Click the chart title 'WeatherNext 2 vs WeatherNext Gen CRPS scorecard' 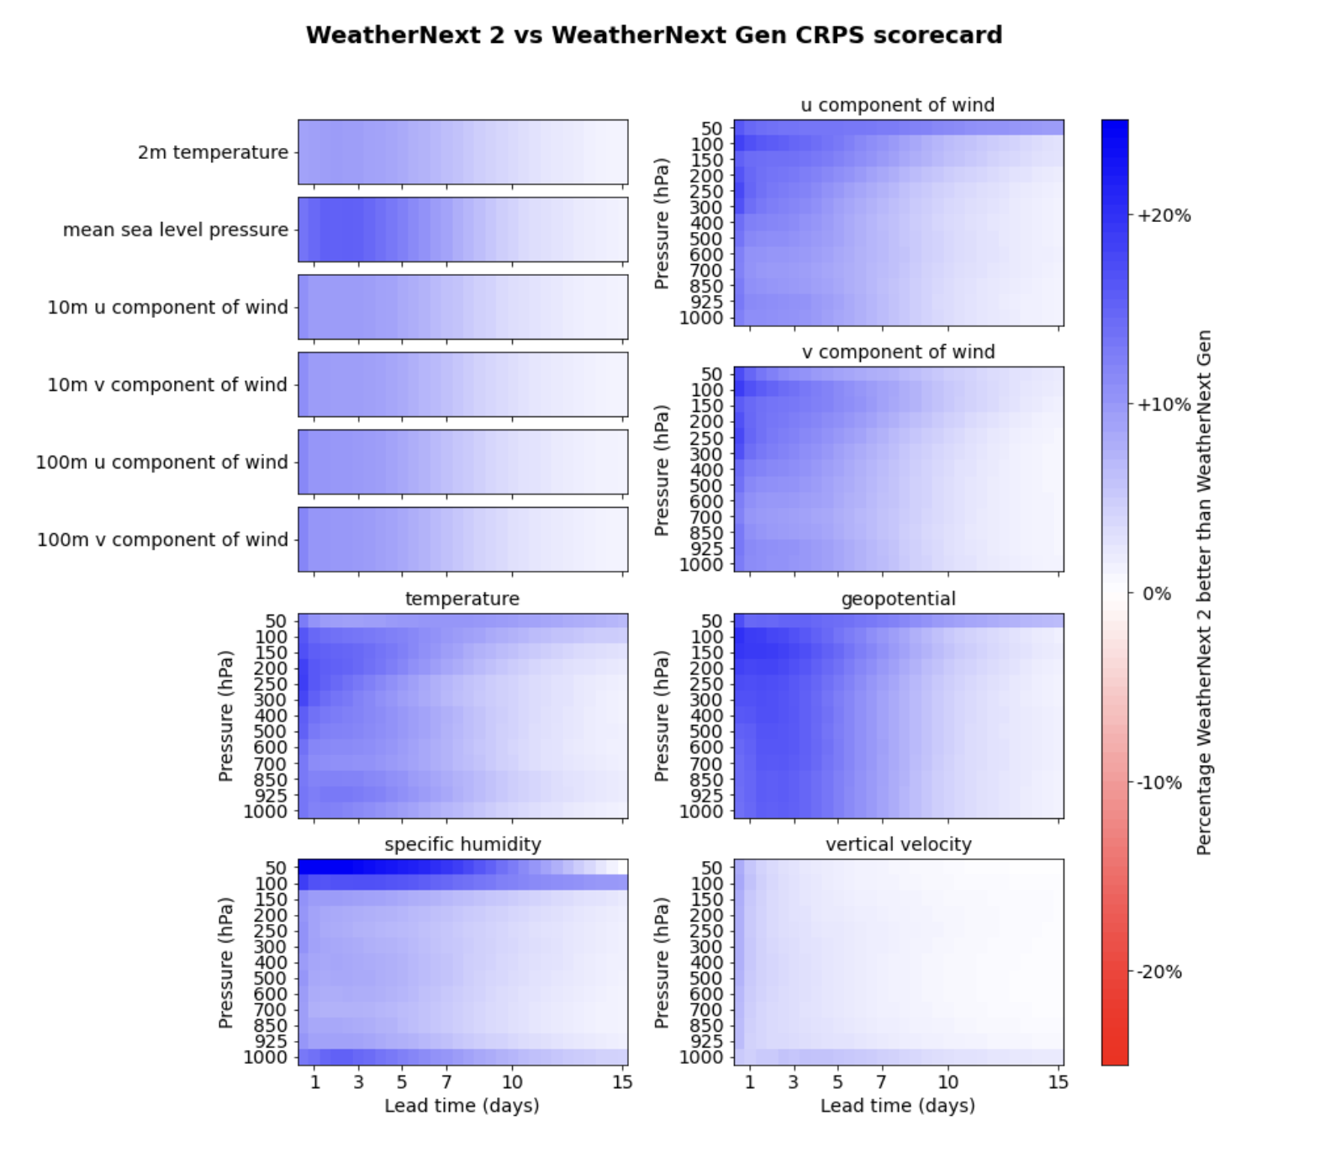653,35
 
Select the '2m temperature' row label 213,152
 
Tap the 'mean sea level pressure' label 175,230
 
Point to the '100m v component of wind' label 162,540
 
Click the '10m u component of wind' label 167,308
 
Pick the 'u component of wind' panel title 897,105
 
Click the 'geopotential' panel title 898,599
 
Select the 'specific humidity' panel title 462,844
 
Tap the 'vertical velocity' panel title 898,844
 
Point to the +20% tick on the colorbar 1164,215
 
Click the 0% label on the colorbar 1156,594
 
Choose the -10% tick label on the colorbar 1159,783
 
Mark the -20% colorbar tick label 1159,972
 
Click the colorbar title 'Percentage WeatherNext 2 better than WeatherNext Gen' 1204,592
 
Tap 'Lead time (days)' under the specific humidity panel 462,1106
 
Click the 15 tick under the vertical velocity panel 1058,1082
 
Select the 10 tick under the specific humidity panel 512,1082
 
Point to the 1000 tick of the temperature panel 265,811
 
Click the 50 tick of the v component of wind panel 711,374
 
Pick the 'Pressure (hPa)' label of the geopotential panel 662,716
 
